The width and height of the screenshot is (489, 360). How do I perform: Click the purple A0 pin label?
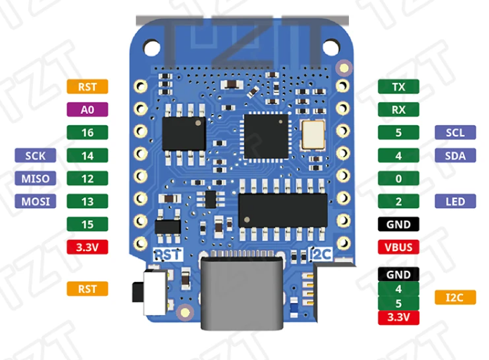87,110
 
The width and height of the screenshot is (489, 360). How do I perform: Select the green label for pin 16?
87,132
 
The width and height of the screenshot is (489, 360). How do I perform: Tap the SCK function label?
35,155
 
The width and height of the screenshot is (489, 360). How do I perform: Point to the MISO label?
35,179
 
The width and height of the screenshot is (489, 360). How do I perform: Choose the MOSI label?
35,202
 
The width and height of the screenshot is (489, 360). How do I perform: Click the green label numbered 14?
87,155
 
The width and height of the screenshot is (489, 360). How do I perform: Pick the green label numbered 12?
87,179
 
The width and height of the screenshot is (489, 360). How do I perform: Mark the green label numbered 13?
87,202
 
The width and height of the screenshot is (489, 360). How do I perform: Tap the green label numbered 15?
87,224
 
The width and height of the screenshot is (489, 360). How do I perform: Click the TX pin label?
398,86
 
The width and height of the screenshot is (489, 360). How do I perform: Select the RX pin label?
398,110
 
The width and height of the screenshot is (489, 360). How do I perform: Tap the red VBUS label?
398,247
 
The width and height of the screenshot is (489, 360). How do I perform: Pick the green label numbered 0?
398,179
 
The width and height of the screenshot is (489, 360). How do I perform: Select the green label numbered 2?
398,202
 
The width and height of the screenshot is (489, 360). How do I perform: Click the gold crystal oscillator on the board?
310,134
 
